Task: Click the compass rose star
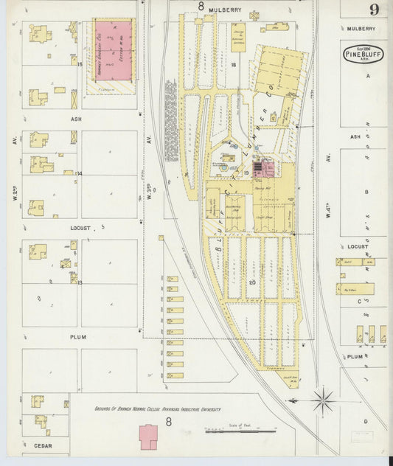(x=322, y=402)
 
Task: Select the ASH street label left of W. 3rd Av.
(x=76, y=118)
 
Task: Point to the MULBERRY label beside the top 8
(x=225, y=9)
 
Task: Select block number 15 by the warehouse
(x=79, y=65)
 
